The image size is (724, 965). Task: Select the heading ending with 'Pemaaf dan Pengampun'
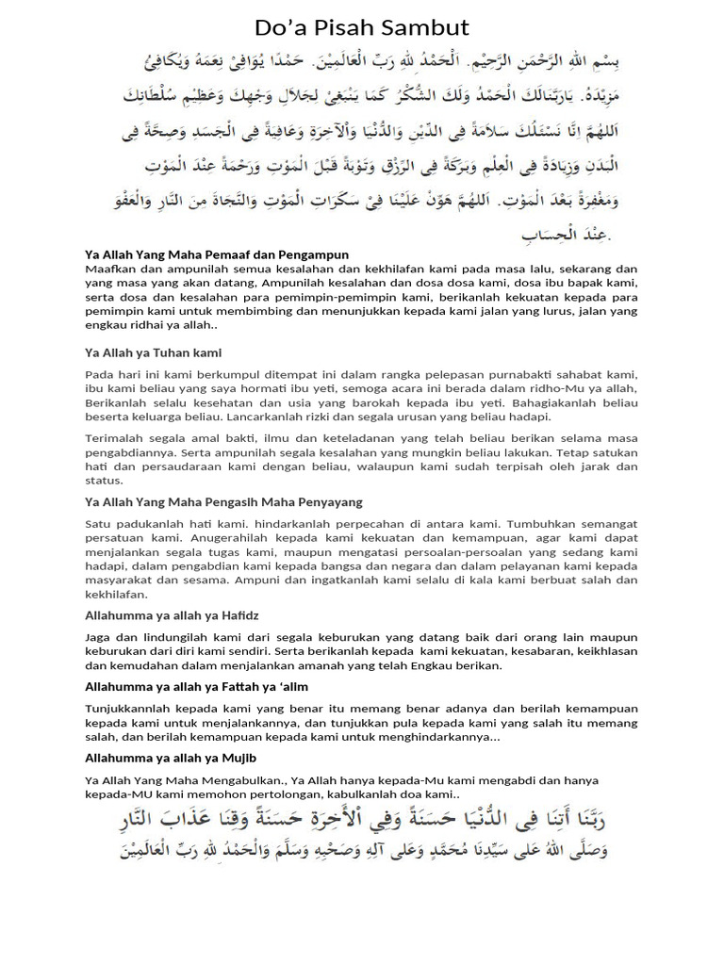point(217,254)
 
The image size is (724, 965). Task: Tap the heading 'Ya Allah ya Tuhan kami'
point(153,352)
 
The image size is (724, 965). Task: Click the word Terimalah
point(115,439)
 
